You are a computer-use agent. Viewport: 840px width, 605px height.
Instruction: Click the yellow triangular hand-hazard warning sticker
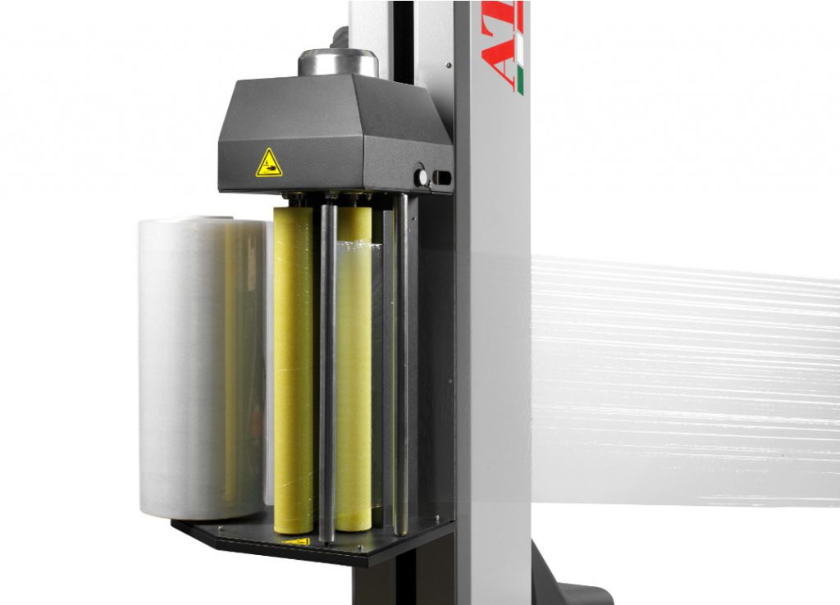click(x=268, y=164)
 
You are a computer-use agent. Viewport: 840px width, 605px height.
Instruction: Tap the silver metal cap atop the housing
click(x=337, y=62)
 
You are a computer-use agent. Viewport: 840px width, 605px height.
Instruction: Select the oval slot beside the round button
click(x=442, y=177)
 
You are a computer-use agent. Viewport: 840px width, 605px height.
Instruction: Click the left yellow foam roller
click(x=293, y=369)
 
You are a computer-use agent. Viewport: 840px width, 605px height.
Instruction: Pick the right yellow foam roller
click(x=354, y=369)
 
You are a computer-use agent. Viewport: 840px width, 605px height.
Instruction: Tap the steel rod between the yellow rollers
click(x=326, y=369)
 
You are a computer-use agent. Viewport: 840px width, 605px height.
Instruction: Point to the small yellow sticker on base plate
click(x=296, y=542)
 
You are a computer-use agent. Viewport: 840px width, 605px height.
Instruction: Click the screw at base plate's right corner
click(x=437, y=519)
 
